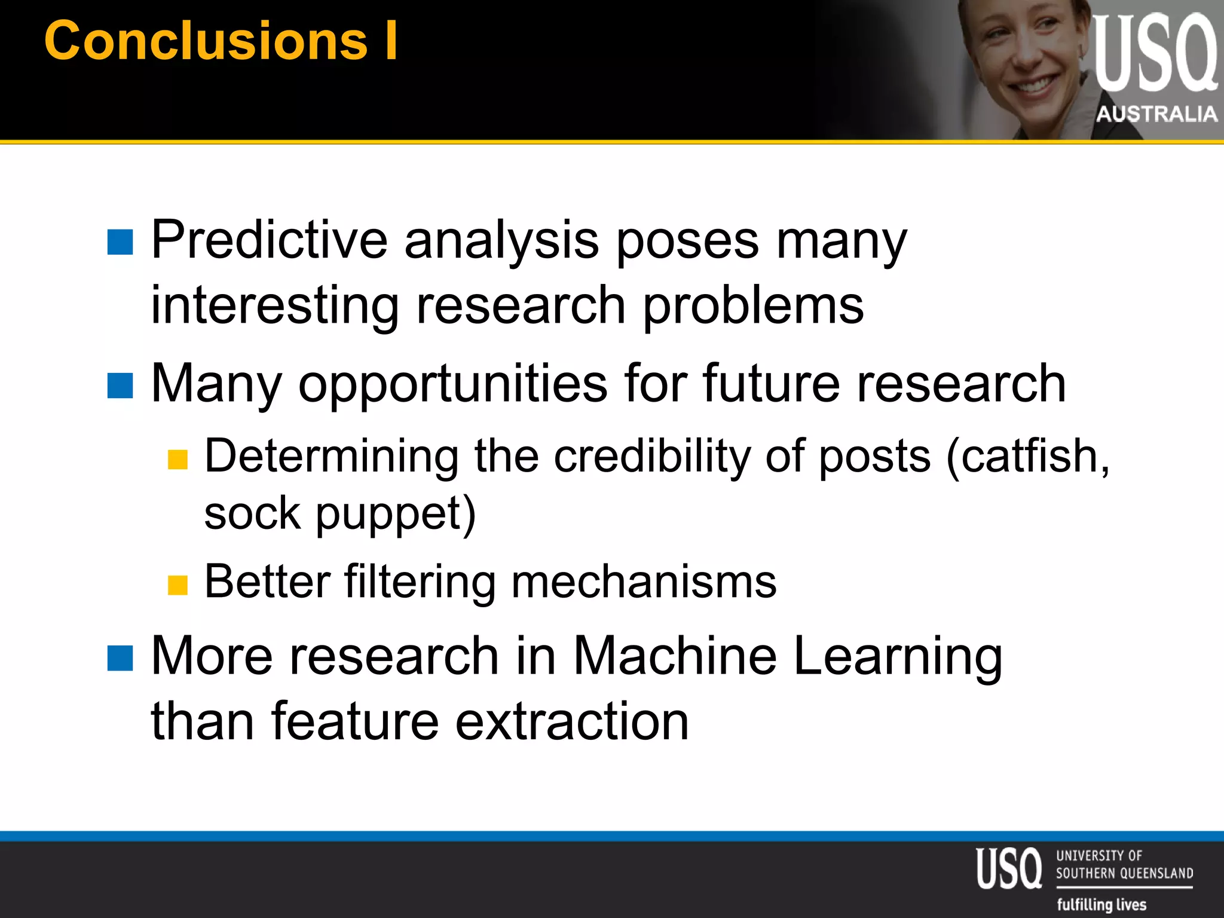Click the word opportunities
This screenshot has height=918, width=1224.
tap(453, 384)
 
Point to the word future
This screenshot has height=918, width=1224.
tap(772, 384)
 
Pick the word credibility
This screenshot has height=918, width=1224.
tap(651, 457)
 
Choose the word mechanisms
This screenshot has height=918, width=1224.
tap(644, 582)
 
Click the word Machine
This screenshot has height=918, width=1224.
tap(675, 656)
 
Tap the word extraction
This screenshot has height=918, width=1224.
tap(572, 721)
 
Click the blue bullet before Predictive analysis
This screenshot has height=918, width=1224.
tap(120, 242)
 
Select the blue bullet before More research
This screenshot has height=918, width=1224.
tap(120, 658)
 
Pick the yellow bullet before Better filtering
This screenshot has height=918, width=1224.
tap(178, 585)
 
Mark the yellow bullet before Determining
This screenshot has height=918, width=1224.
tap(178, 460)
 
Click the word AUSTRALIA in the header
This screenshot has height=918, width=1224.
tap(1156, 114)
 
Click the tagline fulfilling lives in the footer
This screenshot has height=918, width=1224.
tap(1101, 904)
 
